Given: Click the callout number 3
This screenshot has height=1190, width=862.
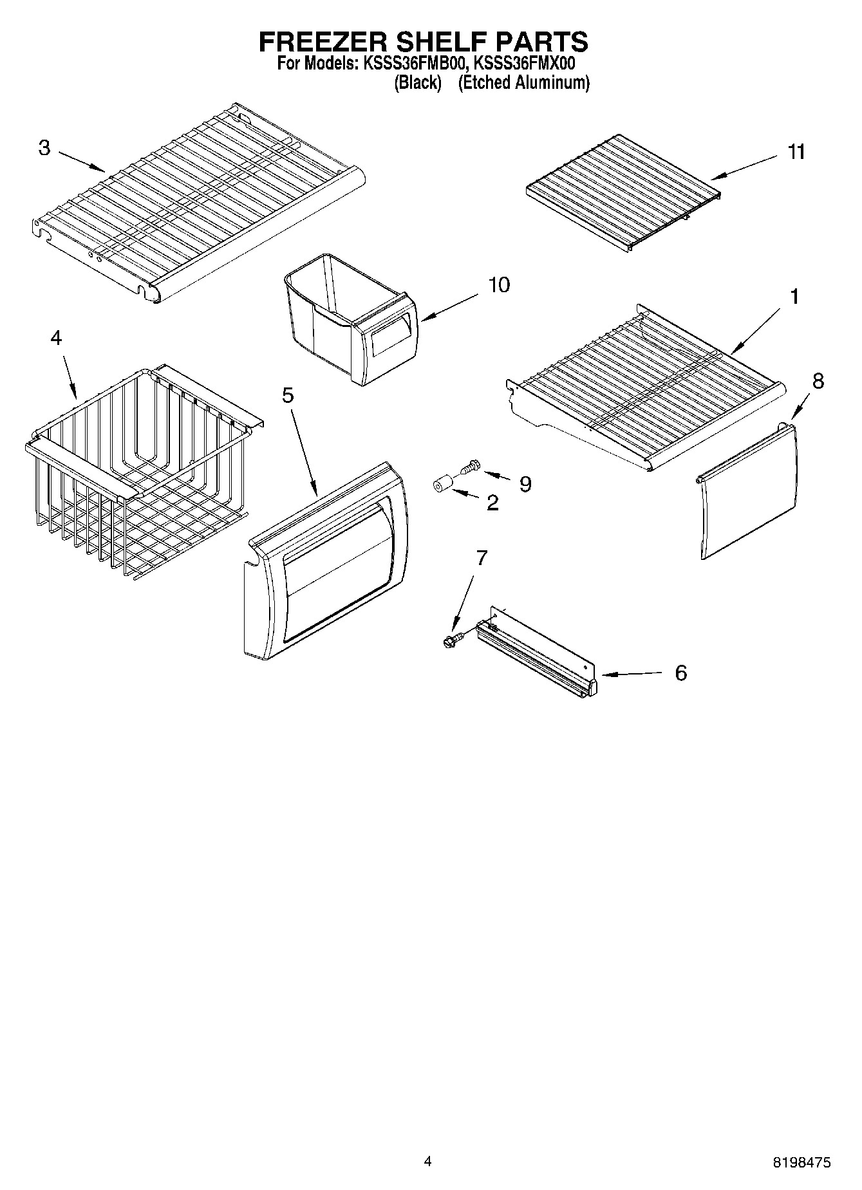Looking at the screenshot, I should click(x=44, y=148).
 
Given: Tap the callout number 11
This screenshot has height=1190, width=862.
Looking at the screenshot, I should click(x=796, y=152).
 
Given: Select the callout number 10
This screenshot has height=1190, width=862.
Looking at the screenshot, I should click(x=498, y=284).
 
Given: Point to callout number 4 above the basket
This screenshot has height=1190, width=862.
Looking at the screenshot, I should click(x=57, y=337).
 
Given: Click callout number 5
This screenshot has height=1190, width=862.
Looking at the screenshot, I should click(x=288, y=395).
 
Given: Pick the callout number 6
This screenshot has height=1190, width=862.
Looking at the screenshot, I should click(x=680, y=673).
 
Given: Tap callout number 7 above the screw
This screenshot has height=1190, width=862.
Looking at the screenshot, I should click(x=482, y=558).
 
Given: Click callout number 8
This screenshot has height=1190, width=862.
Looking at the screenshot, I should click(x=818, y=381).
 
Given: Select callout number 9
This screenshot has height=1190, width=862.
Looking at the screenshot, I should click(x=525, y=484).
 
